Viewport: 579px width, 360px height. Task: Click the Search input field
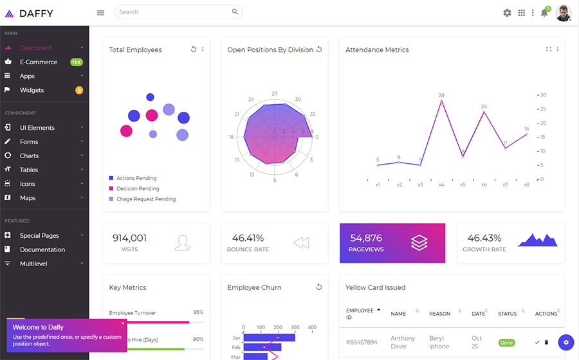point(174,12)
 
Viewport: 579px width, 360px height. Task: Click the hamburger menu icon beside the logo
point(100,12)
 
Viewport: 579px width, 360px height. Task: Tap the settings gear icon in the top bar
point(507,13)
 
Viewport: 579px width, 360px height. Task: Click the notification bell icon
point(544,13)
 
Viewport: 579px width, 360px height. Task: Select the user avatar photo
point(563,13)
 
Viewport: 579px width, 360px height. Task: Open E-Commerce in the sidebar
point(38,62)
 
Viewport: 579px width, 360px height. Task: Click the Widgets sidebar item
point(32,90)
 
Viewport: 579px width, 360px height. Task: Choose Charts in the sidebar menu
point(29,156)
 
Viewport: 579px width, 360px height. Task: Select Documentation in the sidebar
point(42,249)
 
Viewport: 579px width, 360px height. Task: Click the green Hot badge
point(77,62)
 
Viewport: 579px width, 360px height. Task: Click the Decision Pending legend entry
point(138,189)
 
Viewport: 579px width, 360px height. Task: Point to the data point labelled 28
point(441,101)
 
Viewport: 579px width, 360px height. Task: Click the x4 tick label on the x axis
point(441,184)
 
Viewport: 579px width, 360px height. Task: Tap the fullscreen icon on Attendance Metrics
point(549,50)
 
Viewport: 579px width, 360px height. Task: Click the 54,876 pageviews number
point(366,238)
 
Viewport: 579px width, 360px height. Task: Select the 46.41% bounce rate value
point(248,238)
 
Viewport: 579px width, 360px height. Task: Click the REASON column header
point(439,314)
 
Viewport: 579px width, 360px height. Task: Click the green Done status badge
point(507,343)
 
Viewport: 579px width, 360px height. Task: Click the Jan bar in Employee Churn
point(269,337)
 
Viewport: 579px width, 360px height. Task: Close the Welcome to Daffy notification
point(123,323)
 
